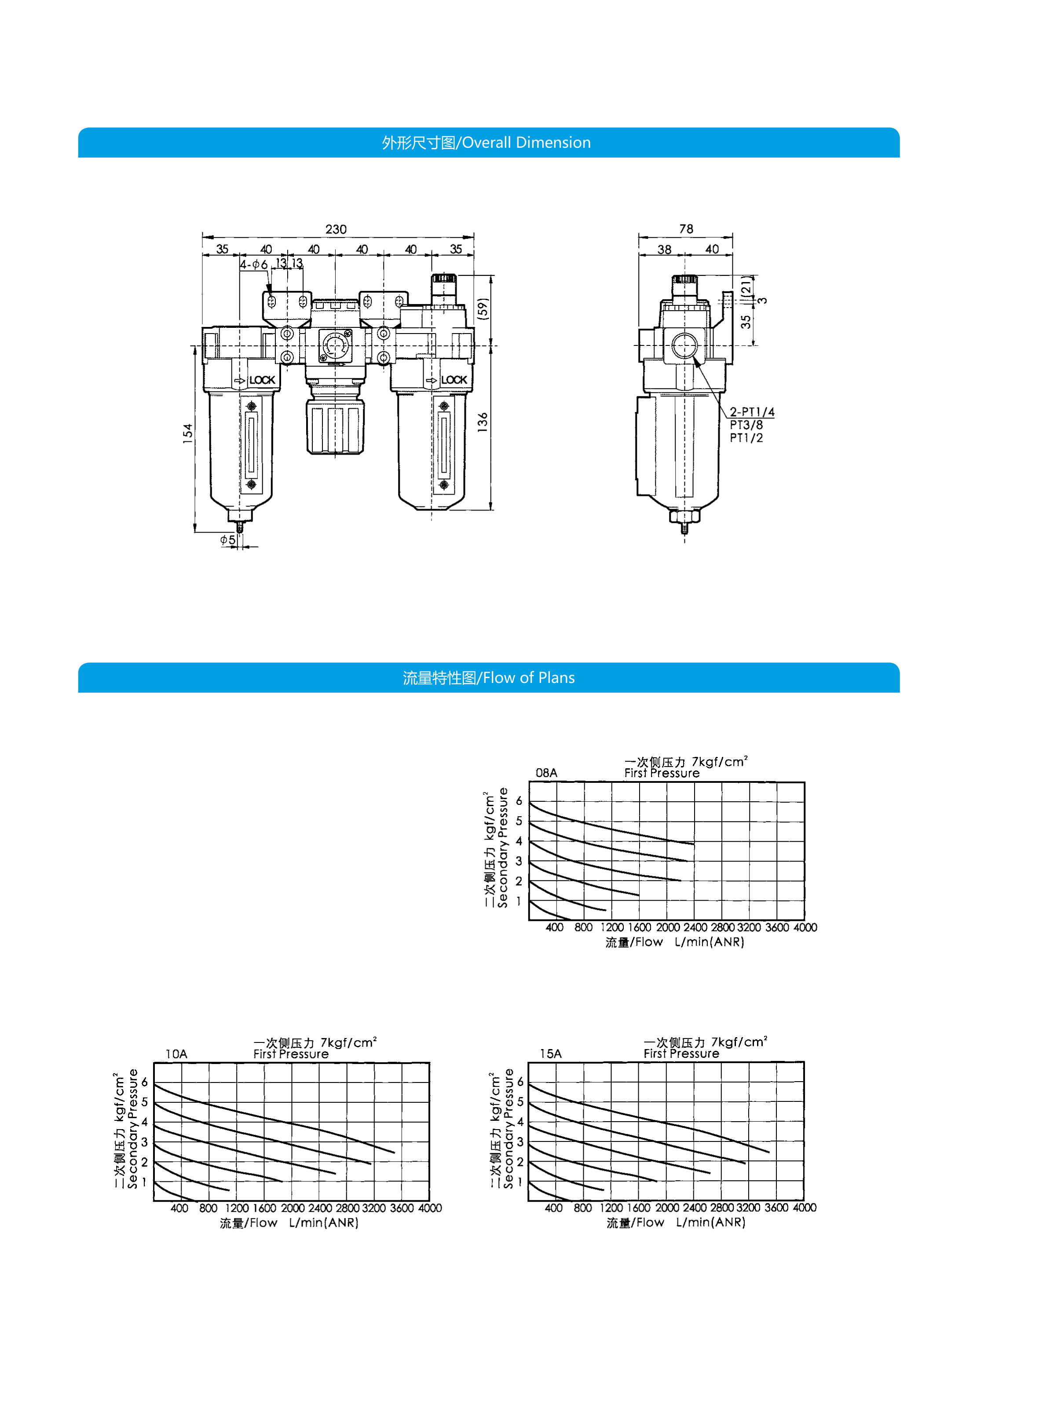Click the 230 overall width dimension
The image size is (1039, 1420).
pos(336,229)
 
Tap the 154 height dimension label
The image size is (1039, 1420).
pos(187,433)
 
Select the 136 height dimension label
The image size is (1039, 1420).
pos(483,422)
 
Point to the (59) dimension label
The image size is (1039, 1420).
pos(483,308)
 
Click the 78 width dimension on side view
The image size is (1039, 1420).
pos(686,229)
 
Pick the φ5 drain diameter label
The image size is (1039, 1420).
pos(228,540)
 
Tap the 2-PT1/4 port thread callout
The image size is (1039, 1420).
pos(752,412)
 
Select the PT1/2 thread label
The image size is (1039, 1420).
pos(746,439)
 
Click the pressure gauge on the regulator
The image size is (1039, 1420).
pos(336,345)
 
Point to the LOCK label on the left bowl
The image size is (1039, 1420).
pos(262,380)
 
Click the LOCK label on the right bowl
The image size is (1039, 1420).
pos(454,380)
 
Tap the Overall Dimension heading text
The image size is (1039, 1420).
pos(486,143)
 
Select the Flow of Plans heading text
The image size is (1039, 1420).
pos(489,678)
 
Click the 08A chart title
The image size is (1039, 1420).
pos(546,773)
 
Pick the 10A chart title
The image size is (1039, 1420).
pos(176,1054)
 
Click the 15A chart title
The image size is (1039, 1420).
pos(550,1053)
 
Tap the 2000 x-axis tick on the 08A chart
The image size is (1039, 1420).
pos(668,927)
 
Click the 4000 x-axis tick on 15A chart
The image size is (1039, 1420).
pos(805,1207)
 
